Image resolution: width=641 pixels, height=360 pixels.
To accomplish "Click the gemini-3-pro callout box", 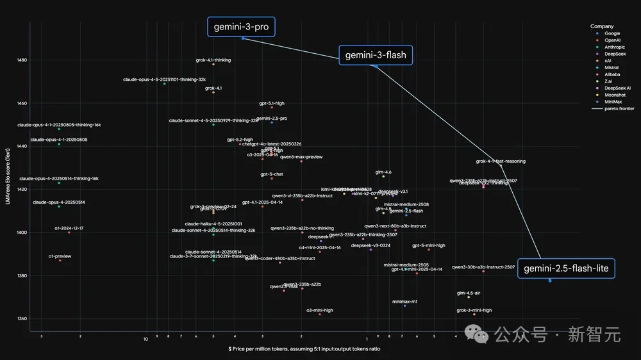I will pyautogui.click(x=241, y=27).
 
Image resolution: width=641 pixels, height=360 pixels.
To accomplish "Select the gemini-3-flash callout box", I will pyautogui.click(x=376, y=56).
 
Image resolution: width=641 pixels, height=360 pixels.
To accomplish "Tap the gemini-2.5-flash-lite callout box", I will pyautogui.click(x=566, y=268).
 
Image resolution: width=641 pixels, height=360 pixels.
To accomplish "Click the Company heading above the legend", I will pyautogui.click(x=603, y=26).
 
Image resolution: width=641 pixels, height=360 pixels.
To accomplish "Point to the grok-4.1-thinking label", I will pyautogui.click(x=213, y=60).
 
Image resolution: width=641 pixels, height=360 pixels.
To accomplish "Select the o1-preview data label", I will pyautogui.click(x=60, y=256).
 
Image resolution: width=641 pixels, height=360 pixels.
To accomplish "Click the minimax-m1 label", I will pyautogui.click(x=404, y=301).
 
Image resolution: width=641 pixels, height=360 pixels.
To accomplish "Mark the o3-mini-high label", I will pyautogui.click(x=319, y=310).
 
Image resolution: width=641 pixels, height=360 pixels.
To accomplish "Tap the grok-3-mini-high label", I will pyautogui.click(x=474, y=310).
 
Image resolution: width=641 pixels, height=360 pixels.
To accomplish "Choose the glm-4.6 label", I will pyautogui.click(x=383, y=172).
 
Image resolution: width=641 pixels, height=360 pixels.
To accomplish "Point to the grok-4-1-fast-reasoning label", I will pyautogui.click(x=501, y=161).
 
